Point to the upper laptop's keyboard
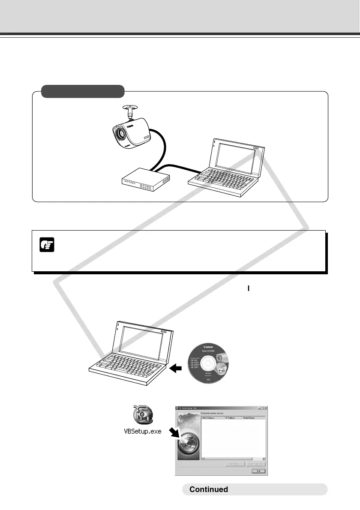pyautogui.click(x=221, y=180)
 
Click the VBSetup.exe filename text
pyautogui.click(x=140, y=431)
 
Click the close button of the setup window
pyautogui.click(x=265, y=408)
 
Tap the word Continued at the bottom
pyautogui.click(x=209, y=489)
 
